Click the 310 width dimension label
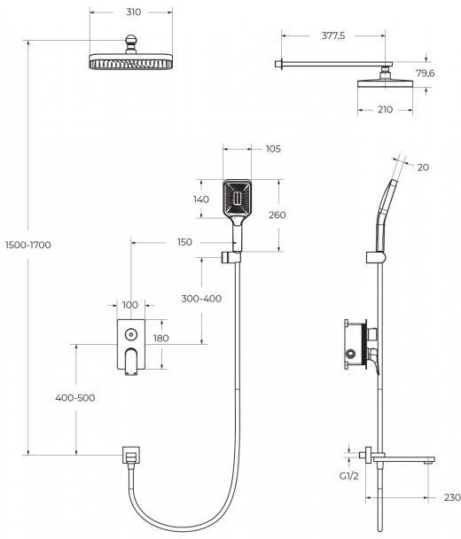133,12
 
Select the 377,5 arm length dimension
333,35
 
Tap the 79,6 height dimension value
426,73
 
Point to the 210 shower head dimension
385,109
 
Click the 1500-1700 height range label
28,245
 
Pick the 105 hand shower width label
273,149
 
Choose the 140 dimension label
201,199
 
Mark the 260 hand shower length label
277,215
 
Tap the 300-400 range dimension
201,299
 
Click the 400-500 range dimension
75,398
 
